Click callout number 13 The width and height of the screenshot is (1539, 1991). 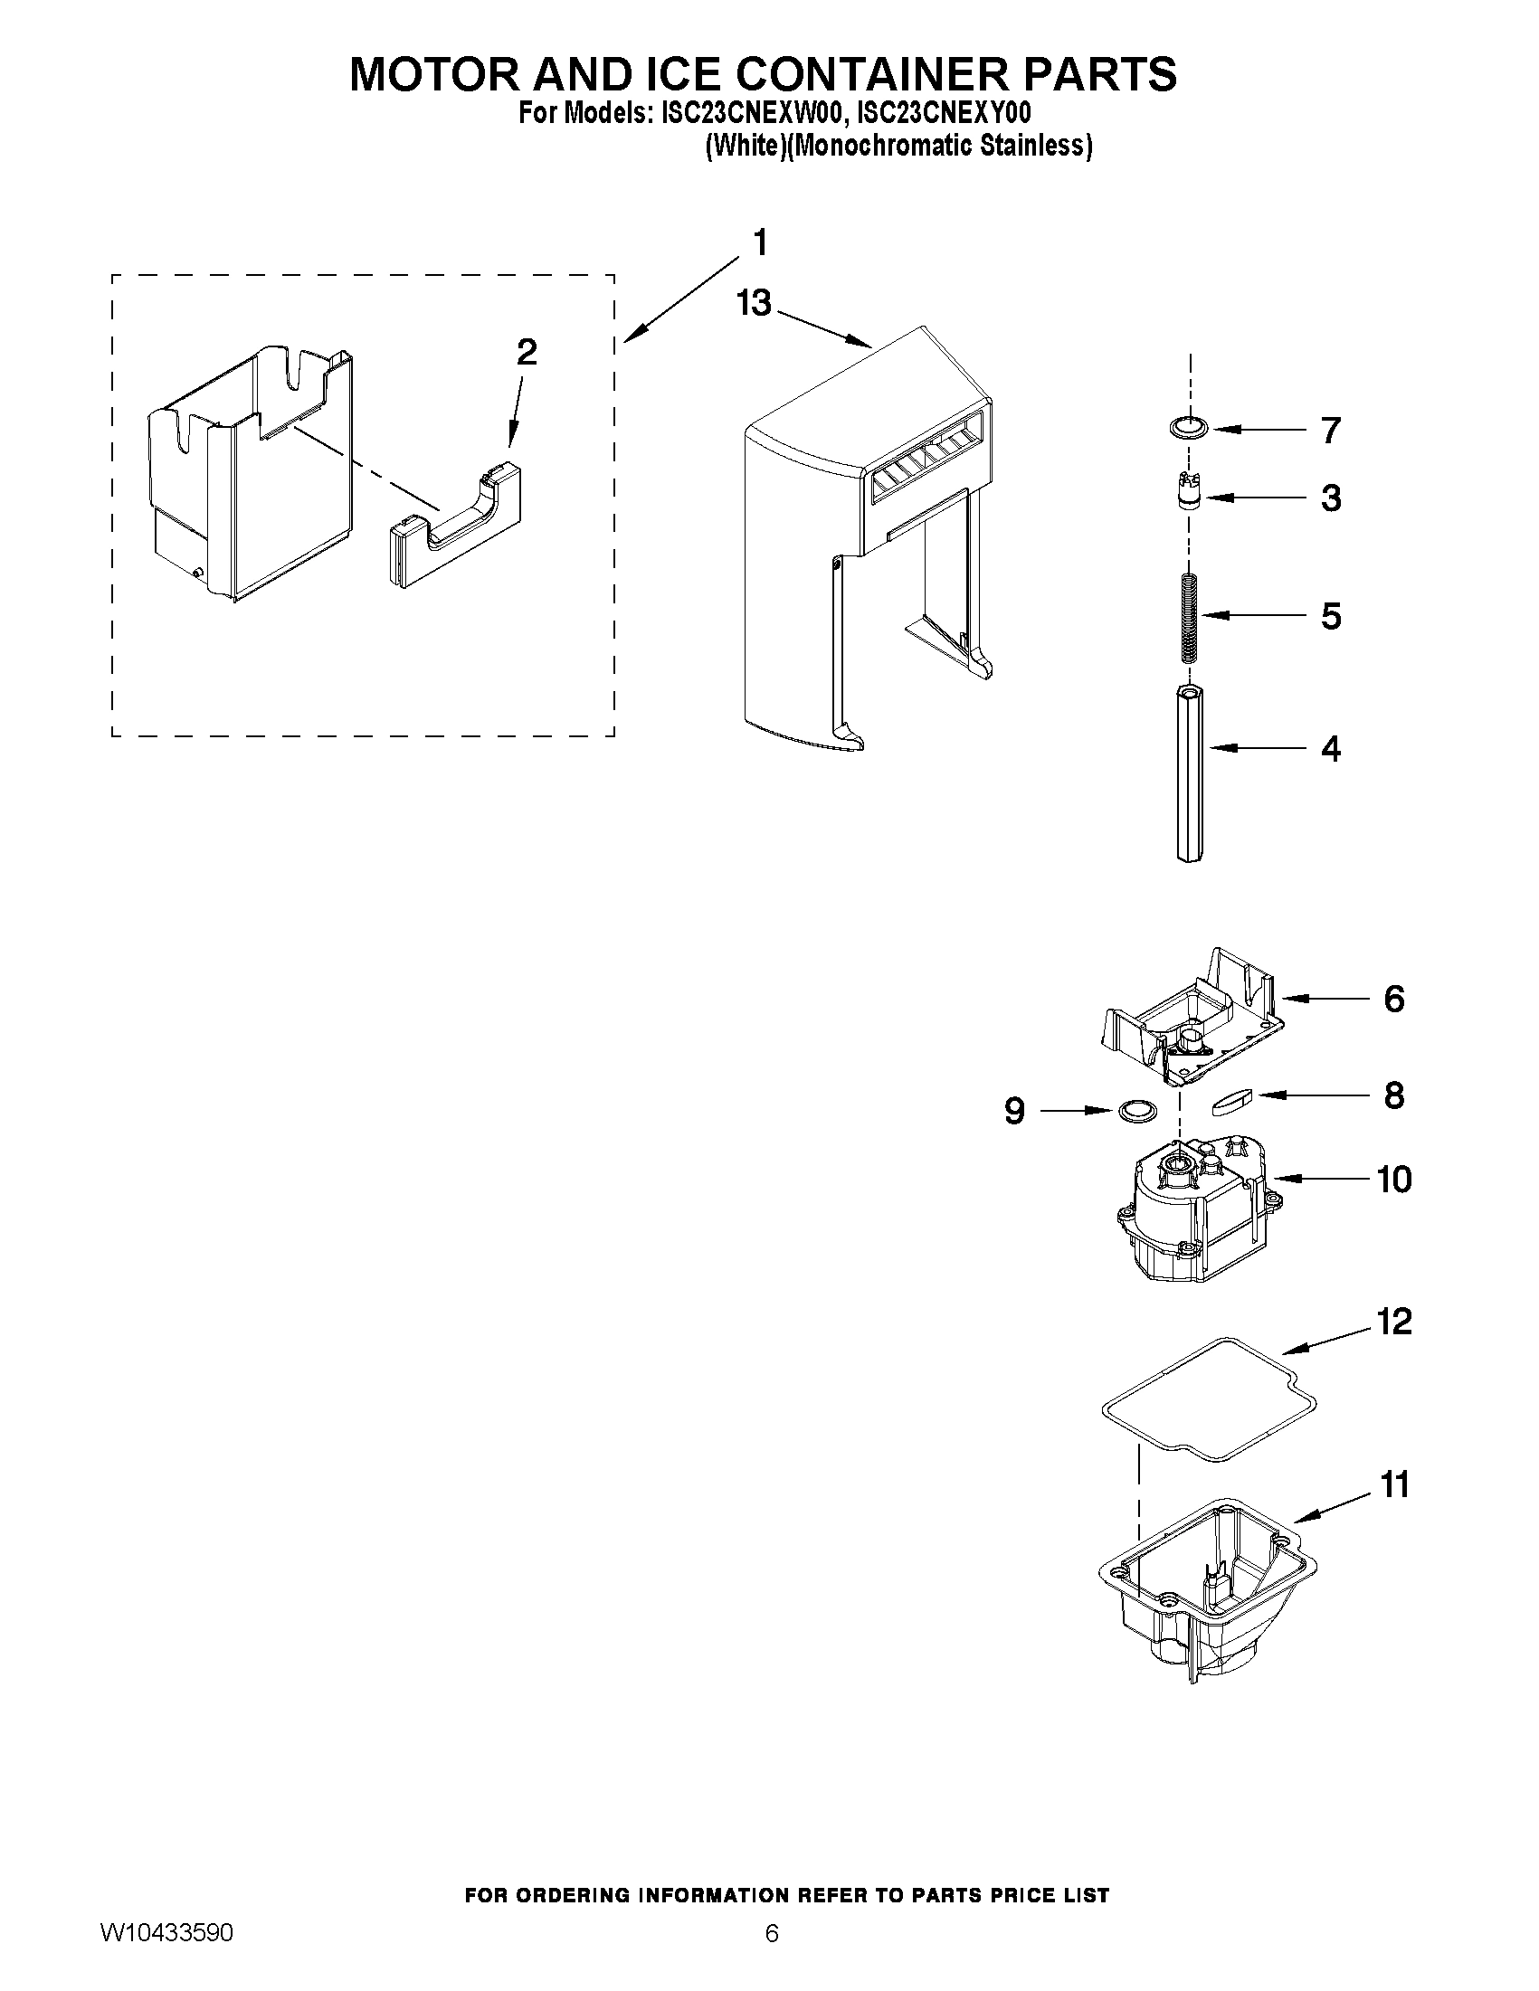(754, 303)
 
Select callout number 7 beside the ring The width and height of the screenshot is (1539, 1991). (1330, 431)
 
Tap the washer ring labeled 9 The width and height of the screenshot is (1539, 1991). (1137, 1110)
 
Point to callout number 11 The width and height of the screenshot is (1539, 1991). (1394, 1485)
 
